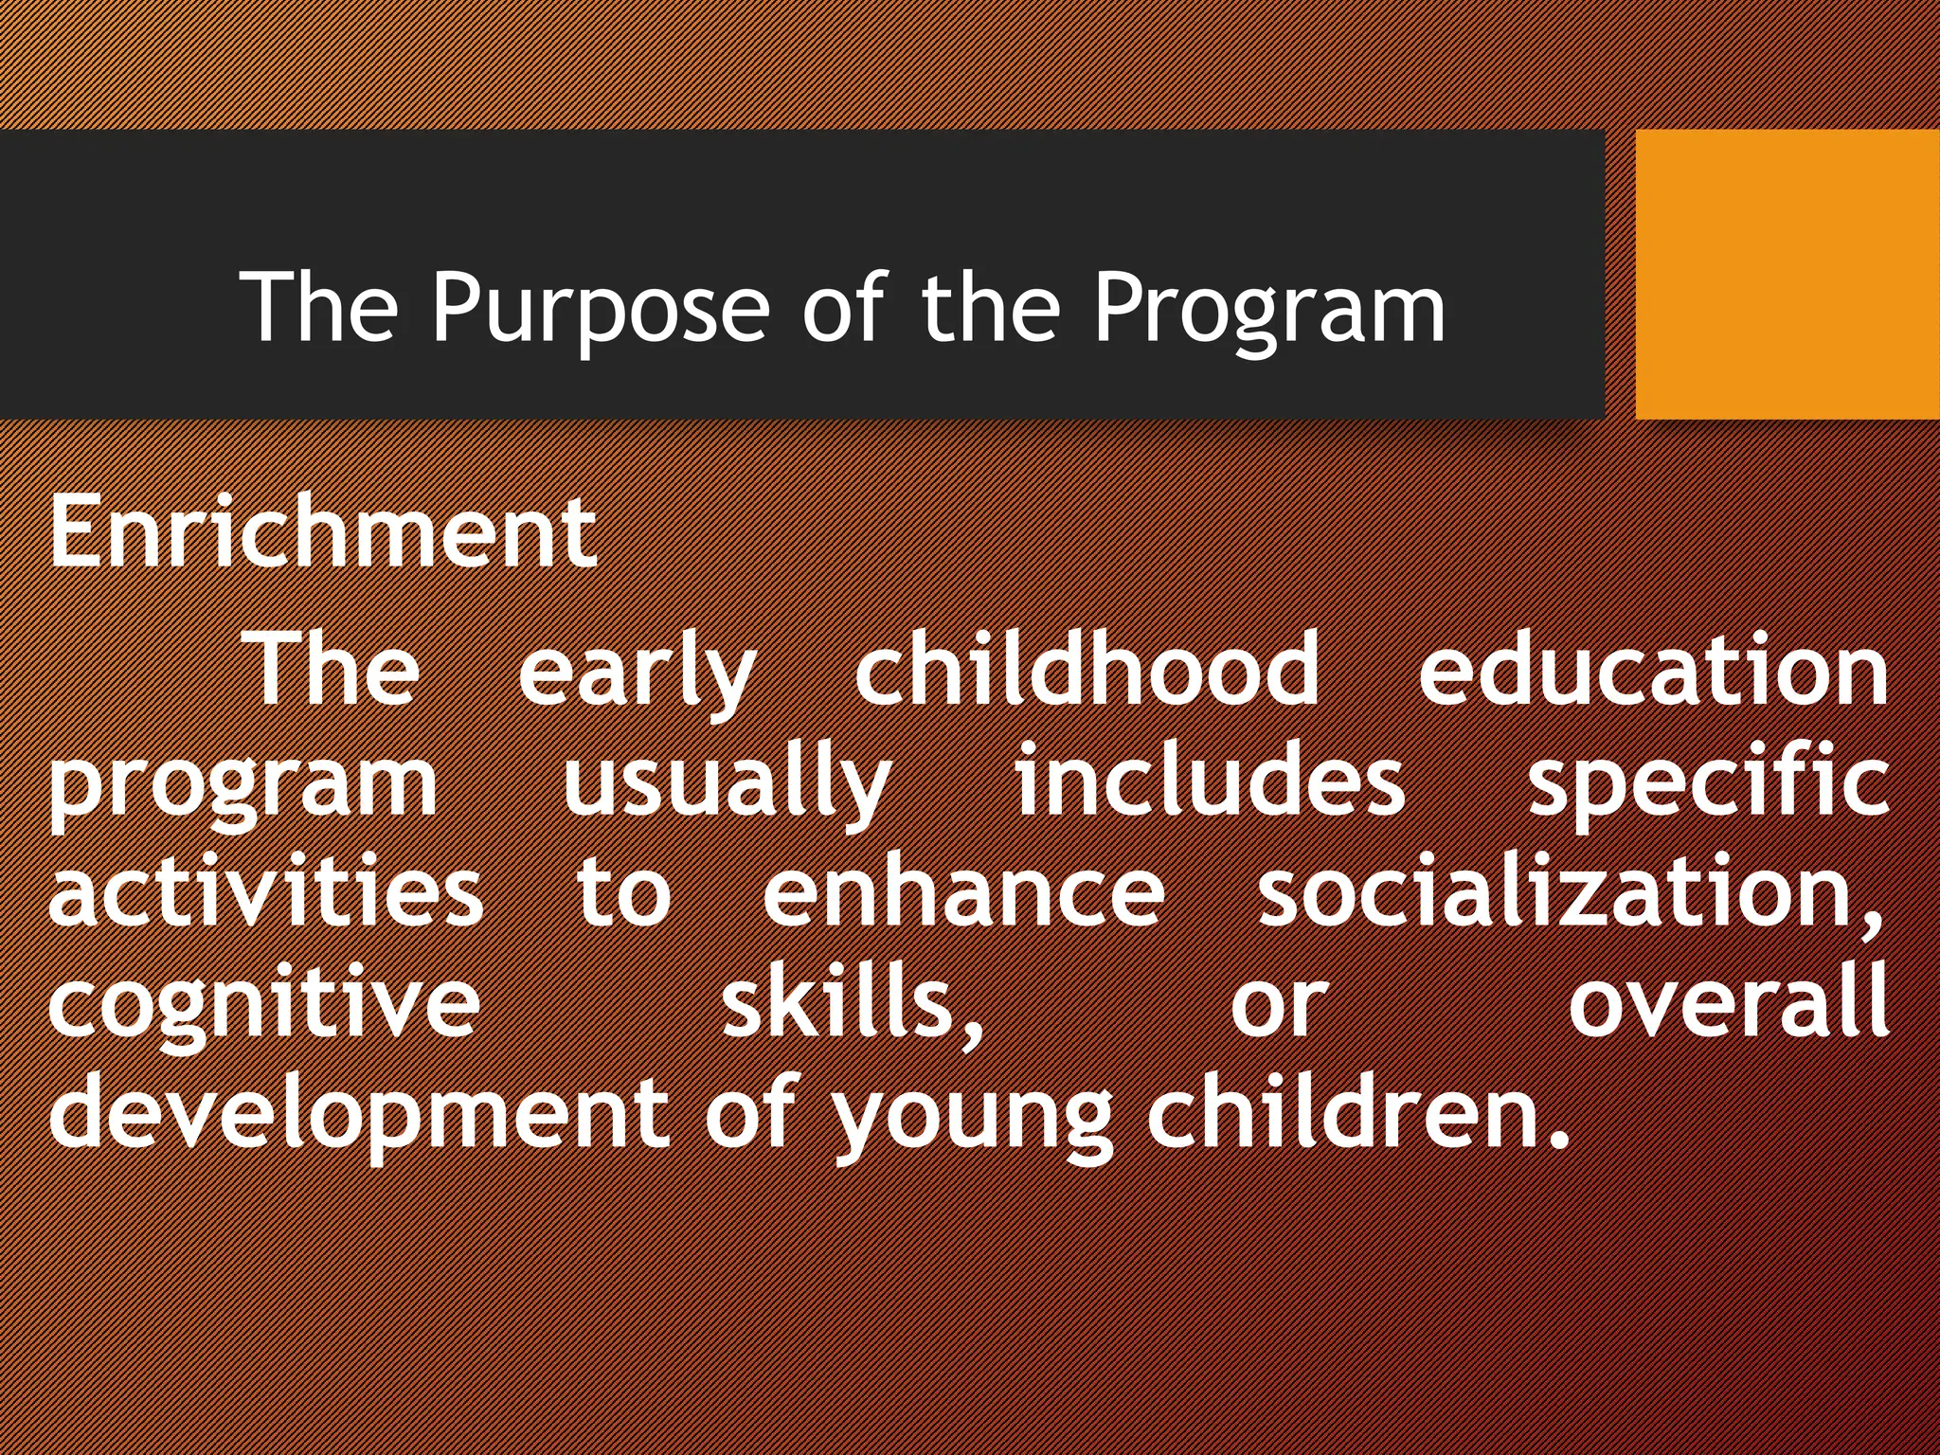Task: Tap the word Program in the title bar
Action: click(x=1269, y=308)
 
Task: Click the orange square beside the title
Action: click(x=1787, y=274)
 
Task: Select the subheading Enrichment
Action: click(x=323, y=532)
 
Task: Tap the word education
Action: click(x=1653, y=671)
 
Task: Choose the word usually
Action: click(x=727, y=784)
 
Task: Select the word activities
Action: click(x=266, y=892)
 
